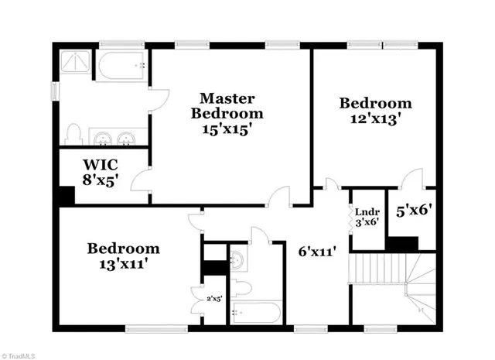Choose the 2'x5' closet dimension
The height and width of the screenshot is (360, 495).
pyautogui.click(x=214, y=298)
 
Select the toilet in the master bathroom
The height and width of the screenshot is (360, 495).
pyautogui.click(x=73, y=135)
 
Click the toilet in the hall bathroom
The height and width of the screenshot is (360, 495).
pyautogui.click(x=241, y=289)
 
